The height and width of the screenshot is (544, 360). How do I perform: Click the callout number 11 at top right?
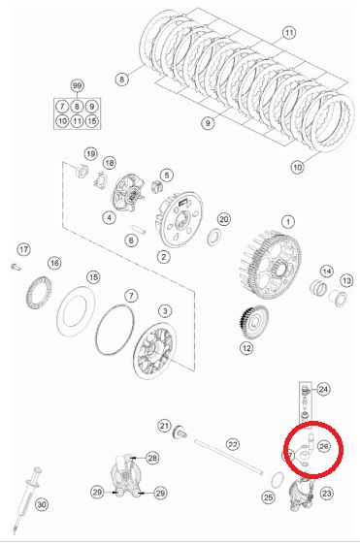[289, 33]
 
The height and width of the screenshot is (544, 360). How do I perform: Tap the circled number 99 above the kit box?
[77, 85]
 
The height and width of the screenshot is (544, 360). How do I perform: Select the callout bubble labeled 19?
[90, 153]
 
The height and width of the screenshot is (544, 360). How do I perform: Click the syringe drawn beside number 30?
[26, 500]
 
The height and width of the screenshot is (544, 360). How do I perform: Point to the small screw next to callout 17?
[16, 267]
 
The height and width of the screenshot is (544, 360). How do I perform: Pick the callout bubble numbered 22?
[232, 444]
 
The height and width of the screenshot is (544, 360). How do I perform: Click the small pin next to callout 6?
[139, 230]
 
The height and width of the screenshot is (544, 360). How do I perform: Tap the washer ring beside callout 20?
[214, 237]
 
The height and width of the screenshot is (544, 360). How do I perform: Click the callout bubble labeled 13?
[346, 280]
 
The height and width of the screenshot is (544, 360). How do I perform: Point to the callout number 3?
[165, 311]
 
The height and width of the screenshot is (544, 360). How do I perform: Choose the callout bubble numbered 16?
[54, 263]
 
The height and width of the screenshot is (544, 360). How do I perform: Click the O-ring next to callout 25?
[277, 480]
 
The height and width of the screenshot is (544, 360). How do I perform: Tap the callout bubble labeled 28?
[152, 458]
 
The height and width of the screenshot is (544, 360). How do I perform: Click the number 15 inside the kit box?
[91, 121]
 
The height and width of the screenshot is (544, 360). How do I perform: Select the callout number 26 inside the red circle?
[323, 446]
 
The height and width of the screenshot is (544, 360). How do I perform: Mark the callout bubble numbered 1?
[288, 222]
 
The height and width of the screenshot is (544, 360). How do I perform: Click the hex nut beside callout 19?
[82, 170]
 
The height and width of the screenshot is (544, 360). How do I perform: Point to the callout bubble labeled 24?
[323, 389]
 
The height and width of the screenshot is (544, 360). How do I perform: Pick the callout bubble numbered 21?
[164, 426]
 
